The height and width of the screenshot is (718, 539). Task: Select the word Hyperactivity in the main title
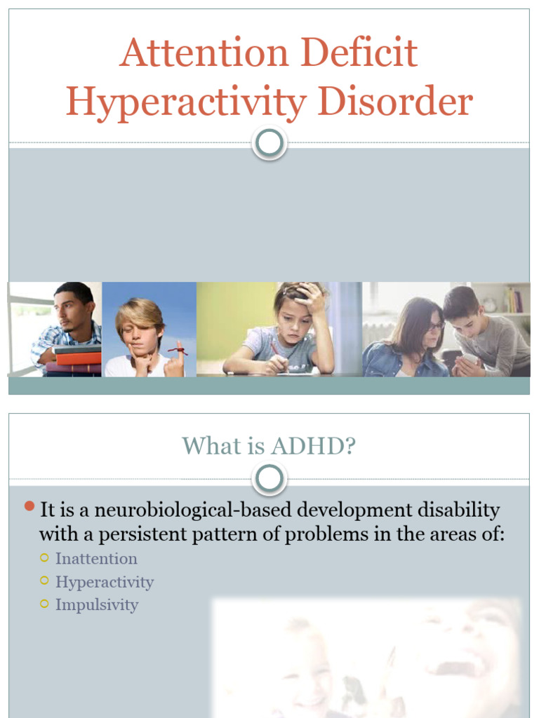click(x=186, y=102)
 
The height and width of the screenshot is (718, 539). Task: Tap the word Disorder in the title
click(x=395, y=102)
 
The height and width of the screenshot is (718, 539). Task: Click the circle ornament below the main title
click(x=269, y=143)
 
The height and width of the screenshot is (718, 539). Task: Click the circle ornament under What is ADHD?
click(x=269, y=479)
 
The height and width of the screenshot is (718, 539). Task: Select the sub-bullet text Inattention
click(x=96, y=559)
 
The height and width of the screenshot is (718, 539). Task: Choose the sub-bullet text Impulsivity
click(x=97, y=605)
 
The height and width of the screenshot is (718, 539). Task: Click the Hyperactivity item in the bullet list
click(x=105, y=582)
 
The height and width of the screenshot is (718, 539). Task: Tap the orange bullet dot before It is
click(x=29, y=506)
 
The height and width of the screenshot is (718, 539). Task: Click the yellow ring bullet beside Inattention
click(x=45, y=558)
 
